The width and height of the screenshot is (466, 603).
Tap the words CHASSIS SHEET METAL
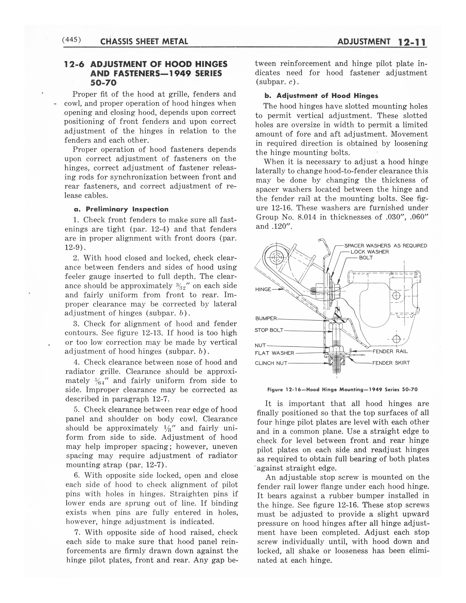[144, 42]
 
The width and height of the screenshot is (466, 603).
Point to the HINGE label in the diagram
[263, 289]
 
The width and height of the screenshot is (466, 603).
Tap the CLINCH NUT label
[271, 363]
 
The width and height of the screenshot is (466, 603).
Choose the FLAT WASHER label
[274, 353]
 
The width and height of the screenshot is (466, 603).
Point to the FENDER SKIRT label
[391, 363]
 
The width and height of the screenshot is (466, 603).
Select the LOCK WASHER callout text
[370, 252]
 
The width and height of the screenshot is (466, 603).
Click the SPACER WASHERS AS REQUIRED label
[386, 245]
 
